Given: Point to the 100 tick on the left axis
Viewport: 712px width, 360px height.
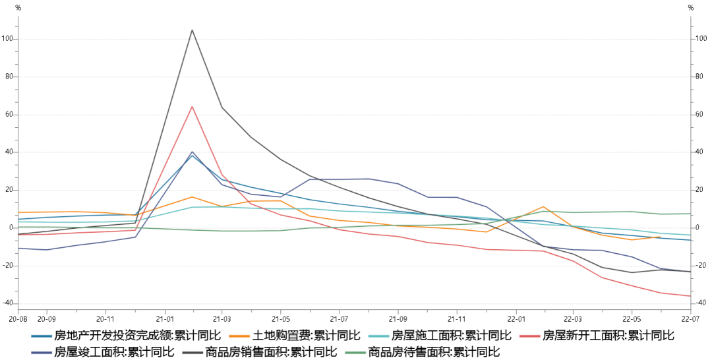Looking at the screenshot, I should click(x=8, y=39).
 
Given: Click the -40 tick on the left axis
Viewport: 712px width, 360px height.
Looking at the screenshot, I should click(x=8, y=303).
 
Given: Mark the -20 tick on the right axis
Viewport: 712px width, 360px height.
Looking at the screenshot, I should click(x=700, y=266).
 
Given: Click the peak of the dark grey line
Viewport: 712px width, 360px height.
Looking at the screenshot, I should click(x=192, y=30).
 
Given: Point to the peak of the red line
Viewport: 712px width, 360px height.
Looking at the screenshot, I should click(x=192, y=106).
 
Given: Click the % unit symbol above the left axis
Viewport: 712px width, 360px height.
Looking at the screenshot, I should click(x=18, y=8).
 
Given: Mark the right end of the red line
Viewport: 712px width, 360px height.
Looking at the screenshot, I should click(x=690, y=296).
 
